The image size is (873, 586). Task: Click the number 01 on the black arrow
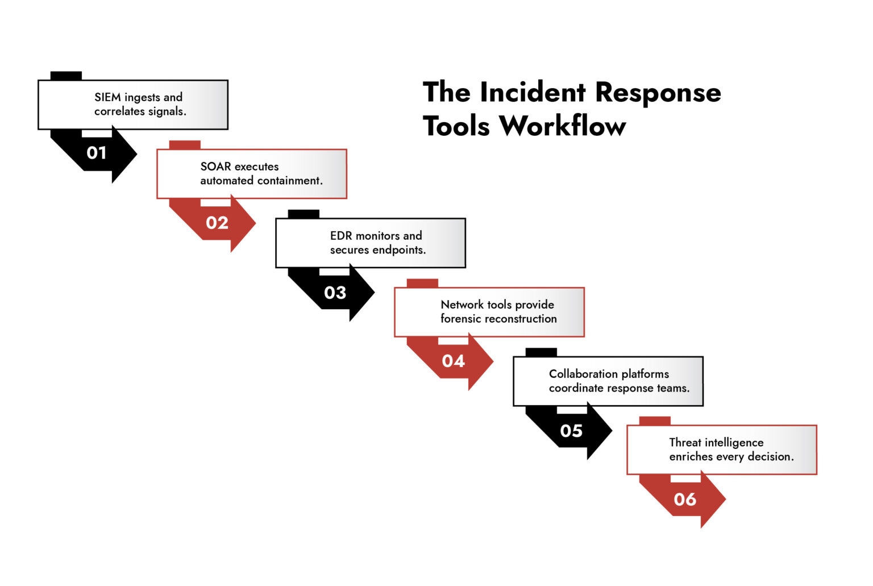(97, 153)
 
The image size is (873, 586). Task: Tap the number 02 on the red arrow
(217, 223)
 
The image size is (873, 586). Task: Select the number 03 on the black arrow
(335, 293)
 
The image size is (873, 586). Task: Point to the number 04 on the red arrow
(453, 361)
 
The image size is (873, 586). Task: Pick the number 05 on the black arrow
(571, 431)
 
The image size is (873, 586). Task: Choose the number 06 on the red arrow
(685, 500)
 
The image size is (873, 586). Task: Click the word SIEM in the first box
(107, 97)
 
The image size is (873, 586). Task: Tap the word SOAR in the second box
(215, 167)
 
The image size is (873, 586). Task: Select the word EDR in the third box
(341, 236)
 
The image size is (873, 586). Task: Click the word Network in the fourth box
(462, 305)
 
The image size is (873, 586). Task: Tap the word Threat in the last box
(685, 443)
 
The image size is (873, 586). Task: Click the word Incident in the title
(533, 92)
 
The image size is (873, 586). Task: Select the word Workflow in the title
(563, 126)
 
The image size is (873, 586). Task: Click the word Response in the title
(658, 92)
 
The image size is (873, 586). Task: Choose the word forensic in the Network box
(461, 319)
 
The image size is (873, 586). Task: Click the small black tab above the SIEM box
(66, 76)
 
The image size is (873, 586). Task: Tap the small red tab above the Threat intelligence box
(655, 421)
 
